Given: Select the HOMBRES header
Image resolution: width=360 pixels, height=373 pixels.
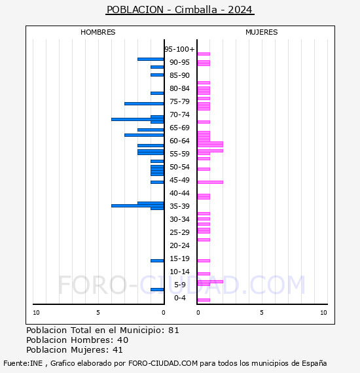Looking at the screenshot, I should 98,32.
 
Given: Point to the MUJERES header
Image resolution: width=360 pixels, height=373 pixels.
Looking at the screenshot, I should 261,32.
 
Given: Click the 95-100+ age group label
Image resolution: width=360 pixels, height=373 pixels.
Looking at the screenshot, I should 179,49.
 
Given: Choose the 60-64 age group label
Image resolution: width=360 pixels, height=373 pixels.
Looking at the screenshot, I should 179,141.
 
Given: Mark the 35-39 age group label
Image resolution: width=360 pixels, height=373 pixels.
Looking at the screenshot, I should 179,206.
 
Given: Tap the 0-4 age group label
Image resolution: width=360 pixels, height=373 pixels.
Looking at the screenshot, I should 179,298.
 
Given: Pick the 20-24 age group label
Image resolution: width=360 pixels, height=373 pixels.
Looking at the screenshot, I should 179,245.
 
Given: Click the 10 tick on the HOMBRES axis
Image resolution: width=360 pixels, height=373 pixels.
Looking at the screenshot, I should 36,313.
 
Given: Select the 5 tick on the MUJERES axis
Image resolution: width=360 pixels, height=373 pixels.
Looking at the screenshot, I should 261,313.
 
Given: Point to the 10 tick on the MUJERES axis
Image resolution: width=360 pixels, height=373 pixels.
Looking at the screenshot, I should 323,313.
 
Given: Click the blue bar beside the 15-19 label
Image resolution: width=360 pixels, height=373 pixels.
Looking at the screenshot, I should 157,260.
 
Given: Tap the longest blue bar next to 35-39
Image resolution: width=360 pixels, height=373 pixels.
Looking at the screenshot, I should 137,205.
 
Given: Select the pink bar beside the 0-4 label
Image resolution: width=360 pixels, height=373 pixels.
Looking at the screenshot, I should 204,300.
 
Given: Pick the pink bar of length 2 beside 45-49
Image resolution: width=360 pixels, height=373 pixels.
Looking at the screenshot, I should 210,182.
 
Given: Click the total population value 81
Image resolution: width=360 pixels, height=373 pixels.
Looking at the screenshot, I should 173,330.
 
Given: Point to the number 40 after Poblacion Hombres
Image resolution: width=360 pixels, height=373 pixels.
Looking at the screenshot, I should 122,340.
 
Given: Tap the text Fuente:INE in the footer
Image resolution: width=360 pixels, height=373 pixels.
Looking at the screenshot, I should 22,363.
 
